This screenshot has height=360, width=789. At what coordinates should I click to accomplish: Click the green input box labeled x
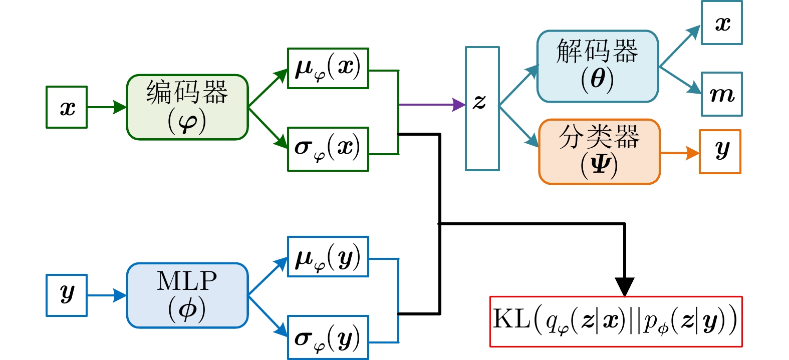click(x=67, y=107)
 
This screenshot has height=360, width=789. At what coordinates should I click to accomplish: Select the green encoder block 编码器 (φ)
click(x=187, y=107)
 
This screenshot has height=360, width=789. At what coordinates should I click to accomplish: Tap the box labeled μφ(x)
click(x=328, y=69)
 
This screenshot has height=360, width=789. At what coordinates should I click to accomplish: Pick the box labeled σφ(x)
click(x=328, y=149)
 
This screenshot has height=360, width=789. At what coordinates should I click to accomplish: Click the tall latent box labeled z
click(x=482, y=109)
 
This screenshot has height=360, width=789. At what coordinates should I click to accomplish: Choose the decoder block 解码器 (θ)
click(x=598, y=66)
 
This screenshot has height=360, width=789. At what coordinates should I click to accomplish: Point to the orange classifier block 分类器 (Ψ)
click(x=600, y=152)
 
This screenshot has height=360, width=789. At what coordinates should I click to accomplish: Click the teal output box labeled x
click(x=721, y=23)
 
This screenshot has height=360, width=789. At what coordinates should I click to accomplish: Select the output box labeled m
click(x=721, y=94)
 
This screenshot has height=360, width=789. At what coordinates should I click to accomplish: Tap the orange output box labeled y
click(x=720, y=152)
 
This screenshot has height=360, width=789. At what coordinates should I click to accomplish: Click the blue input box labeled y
click(x=67, y=295)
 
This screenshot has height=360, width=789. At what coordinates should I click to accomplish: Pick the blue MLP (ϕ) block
click(x=187, y=295)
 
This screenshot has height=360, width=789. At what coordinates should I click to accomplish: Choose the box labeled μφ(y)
click(x=328, y=257)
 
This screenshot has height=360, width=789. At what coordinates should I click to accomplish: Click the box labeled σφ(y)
click(x=328, y=337)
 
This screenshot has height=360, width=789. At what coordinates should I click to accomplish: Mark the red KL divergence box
click(x=616, y=321)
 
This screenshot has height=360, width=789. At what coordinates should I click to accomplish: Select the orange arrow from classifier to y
click(x=680, y=153)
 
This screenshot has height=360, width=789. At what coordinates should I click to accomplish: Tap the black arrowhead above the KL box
click(x=625, y=286)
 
